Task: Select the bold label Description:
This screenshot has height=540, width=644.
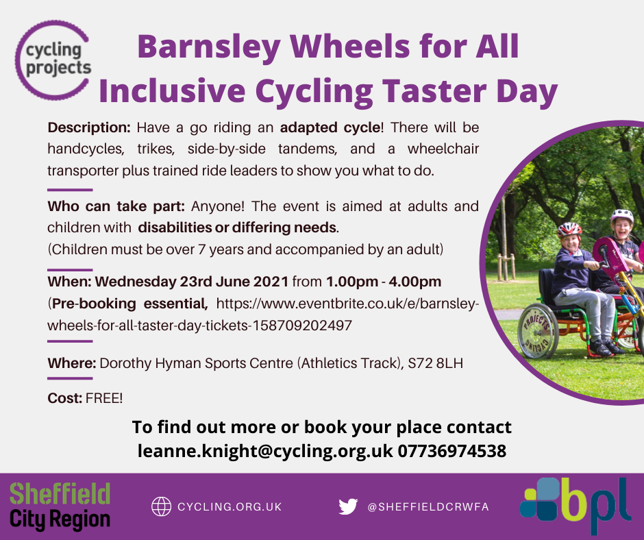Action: pos(88,128)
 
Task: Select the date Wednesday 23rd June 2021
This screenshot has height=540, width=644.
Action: pos(193,282)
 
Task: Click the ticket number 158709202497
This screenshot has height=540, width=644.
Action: pos(302,326)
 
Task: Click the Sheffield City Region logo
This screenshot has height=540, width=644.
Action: pos(60,506)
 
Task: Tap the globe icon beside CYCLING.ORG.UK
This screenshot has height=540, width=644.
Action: pos(161,506)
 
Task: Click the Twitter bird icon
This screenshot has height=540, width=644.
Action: pos(348,506)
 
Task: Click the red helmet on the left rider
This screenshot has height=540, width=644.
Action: pos(569,229)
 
